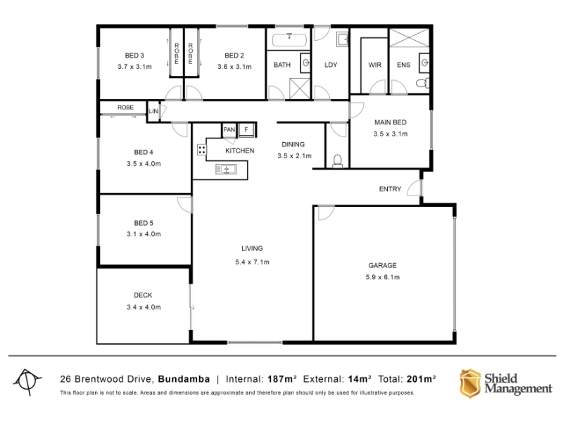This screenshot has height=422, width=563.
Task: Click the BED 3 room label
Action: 134,56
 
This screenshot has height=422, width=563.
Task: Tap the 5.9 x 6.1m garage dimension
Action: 382,277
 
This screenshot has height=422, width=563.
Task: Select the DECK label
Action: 143,295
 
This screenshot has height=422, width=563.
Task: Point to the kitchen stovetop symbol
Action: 202,150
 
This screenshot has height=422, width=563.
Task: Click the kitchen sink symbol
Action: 226,169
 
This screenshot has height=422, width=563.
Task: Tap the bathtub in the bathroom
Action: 289,40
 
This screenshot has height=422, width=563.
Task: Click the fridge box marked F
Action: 246,129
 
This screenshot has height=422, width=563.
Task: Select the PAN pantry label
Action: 229,129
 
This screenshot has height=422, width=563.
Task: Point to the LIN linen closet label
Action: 153,111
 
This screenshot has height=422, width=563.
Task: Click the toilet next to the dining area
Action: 338,161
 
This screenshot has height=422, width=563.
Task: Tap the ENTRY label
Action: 390,189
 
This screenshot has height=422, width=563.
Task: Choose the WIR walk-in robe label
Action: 374,65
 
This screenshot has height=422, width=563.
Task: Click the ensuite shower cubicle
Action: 409,38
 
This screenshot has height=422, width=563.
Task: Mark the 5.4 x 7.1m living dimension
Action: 252,262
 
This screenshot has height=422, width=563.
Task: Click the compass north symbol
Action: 27,381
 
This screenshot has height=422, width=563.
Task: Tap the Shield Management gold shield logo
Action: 470,383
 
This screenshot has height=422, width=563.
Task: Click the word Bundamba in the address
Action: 184,379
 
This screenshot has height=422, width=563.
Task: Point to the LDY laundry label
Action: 331,65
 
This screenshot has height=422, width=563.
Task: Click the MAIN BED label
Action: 391,122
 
